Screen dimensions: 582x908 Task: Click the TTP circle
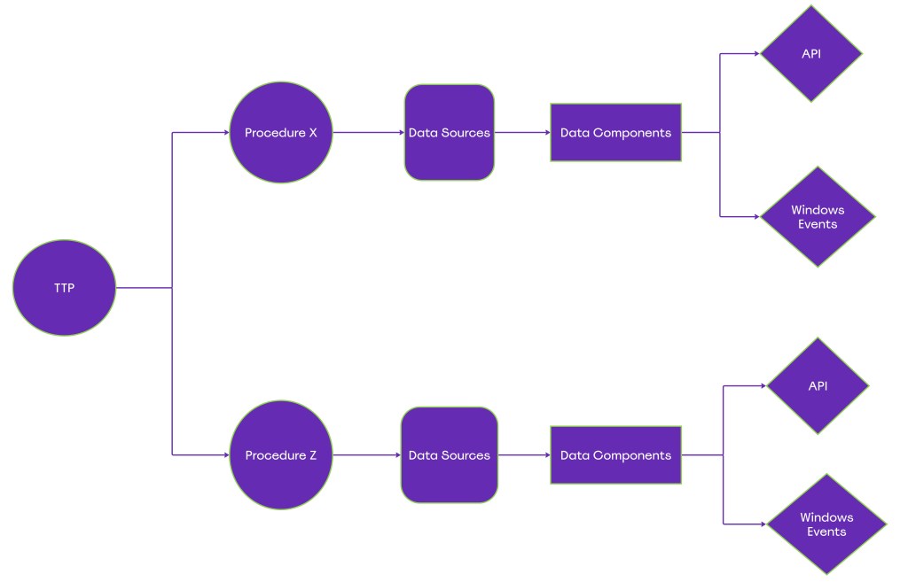(x=64, y=288)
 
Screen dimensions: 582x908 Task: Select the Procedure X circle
(x=280, y=133)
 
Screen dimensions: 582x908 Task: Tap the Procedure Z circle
(x=280, y=455)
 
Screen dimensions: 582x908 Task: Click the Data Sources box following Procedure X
(x=449, y=133)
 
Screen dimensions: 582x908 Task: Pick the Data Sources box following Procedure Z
(x=449, y=455)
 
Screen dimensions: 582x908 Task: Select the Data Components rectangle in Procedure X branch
(x=615, y=133)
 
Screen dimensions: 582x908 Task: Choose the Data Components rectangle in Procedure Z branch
(x=615, y=455)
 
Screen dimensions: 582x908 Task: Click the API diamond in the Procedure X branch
(x=810, y=54)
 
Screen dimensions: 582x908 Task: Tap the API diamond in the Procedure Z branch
(x=817, y=386)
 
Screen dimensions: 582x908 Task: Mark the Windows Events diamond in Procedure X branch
(x=817, y=217)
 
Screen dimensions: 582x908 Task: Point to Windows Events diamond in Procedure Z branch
(x=826, y=524)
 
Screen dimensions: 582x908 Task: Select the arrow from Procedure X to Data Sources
(x=368, y=133)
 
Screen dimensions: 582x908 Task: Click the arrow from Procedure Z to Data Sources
(x=365, y=455)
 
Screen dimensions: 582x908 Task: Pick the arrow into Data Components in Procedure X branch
(x=522, y=133)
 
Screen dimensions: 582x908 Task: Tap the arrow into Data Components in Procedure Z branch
(x=524, y=455)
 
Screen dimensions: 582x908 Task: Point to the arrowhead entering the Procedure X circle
(x=225, y=133)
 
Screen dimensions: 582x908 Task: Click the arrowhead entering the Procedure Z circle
(x=225, y=455)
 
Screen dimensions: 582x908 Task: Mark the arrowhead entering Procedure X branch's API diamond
(x=755, y=54)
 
